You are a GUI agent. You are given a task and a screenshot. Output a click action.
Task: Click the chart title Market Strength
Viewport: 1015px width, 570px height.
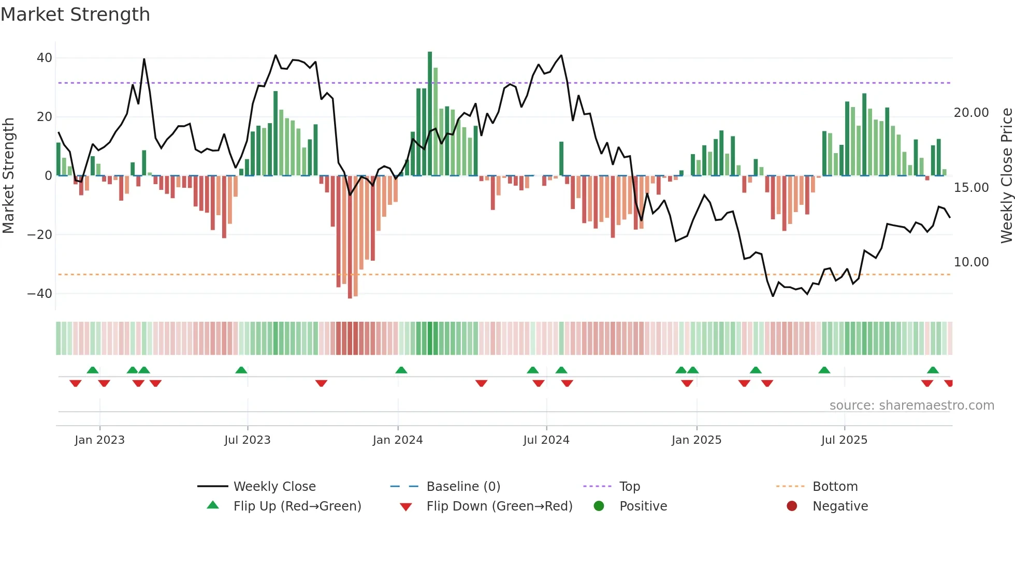(x=75, y=14)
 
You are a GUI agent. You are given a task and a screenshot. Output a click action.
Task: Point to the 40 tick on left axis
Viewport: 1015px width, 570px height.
(x=45, y=58)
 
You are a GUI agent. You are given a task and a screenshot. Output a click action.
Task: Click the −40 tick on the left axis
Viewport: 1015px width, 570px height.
(x=40, y=294)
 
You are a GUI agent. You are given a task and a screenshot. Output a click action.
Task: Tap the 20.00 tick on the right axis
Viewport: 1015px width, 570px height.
(x=971, y=113)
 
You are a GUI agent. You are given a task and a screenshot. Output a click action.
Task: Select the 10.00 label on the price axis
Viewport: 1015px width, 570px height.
(x=971, y=262)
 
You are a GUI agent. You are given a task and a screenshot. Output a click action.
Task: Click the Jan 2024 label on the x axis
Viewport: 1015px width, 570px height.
(x=397, y=440)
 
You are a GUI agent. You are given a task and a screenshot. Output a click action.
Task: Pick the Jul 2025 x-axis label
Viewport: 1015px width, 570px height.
(x=844, y=440)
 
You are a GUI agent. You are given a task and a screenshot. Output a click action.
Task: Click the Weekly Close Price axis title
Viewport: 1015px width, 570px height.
(x=1006, y=176)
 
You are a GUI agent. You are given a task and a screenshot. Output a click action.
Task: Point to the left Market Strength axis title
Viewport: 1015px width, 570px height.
(x=8, y=176)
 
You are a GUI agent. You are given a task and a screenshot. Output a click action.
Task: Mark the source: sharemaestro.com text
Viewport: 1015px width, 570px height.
(x=911, y=406)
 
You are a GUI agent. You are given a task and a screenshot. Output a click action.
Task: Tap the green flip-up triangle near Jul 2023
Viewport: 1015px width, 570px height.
(x=241, y=370)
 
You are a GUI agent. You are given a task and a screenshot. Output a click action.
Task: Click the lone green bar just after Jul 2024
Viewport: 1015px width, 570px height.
(x=561, y=158)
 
